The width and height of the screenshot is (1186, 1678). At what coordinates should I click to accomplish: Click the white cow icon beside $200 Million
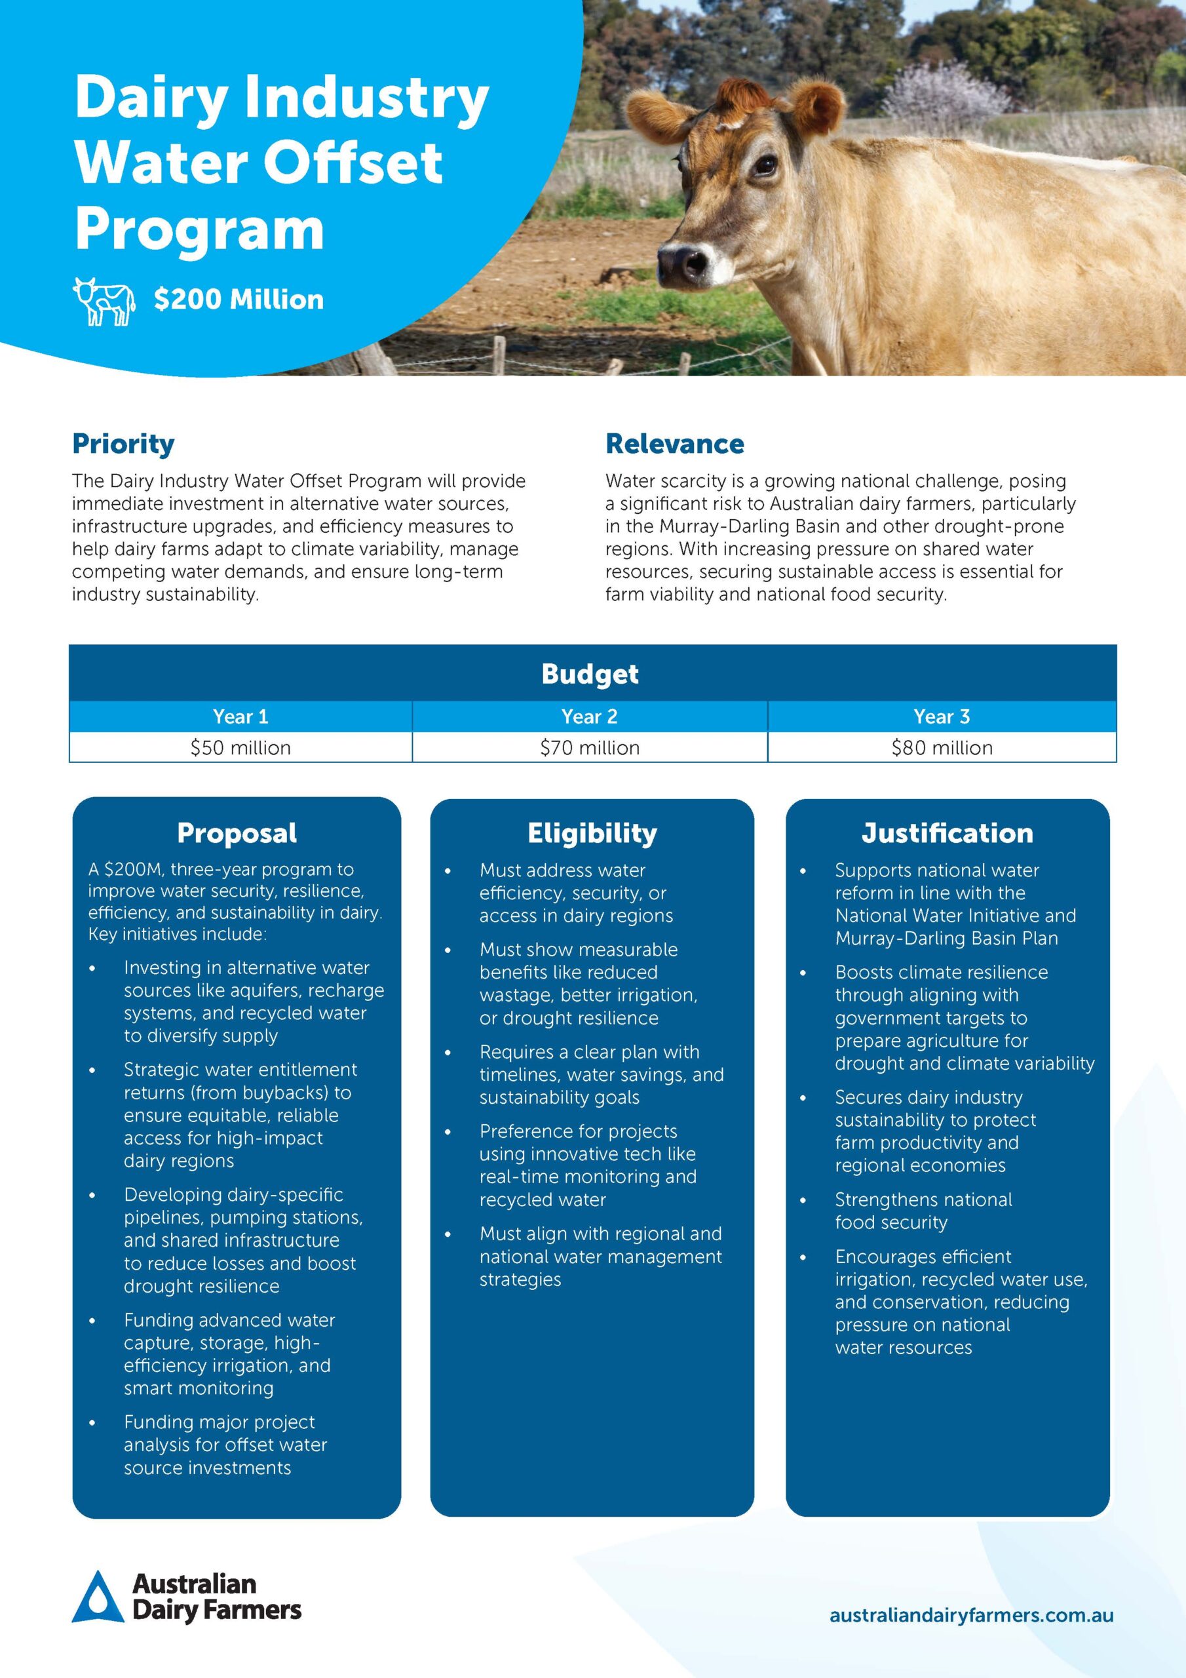pyautogui.click(x=104, y=300)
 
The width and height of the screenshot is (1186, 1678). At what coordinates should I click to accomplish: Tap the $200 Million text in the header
pyautogui.click(x=239, y=300)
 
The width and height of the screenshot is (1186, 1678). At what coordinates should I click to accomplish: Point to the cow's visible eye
pyautogui.click(x=765, y=165)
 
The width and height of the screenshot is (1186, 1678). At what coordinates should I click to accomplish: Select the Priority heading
pyautogui.click(x=123, y=444)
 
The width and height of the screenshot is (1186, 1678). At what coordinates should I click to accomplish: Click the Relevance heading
pyautogui.click(x=674, y=444)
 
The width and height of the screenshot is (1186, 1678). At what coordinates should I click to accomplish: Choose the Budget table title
pyautogui.click(x=590, y=674)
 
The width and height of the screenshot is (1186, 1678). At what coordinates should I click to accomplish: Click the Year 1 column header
pyautogui.click(x=240, y=716)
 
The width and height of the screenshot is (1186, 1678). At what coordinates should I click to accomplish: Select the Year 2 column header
pyautogui.click(x=589, y=716)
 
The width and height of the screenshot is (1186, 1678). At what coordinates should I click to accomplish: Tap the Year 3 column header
pyautogui.click(x=941, y=716)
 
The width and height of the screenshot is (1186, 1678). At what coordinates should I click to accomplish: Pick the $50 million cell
pyautogui.click(x=240, y=748)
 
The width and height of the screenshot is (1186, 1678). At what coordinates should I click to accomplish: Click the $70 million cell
pyautogui.click(x=589, y=748)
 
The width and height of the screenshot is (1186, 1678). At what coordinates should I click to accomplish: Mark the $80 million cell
pyautogui.click(x=941, y=748)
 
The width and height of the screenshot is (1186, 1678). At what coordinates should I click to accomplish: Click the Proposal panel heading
pyautogui.click(x=237, y=833)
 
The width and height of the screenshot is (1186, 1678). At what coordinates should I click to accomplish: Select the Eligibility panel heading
pyautogui.click(x=592, y=833)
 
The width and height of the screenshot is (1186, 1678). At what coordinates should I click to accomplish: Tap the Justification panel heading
pyautogui.click(x=947, y=833)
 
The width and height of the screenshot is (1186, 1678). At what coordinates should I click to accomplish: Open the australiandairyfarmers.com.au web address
pyautogui.click(x=971, y=1615)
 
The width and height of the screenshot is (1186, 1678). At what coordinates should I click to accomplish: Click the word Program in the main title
pyautogui.click(x=199, y=229)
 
